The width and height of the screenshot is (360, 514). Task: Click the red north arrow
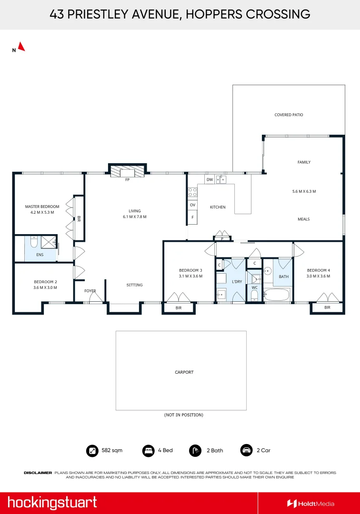pos(21,47)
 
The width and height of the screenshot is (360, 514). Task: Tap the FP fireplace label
pos(128,179)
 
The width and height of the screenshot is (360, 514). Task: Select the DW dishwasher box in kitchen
pos(210,179)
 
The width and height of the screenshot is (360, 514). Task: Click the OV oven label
pos(192,205)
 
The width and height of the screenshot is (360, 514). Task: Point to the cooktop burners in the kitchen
pos(192,192)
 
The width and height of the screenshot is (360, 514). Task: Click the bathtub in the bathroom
pos(276,295)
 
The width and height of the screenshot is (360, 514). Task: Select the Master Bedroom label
pos(42,207)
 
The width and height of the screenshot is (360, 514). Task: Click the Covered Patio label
pos(289,115)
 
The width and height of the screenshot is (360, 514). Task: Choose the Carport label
pos(184,372)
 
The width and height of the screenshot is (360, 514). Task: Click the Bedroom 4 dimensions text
pos(319,276)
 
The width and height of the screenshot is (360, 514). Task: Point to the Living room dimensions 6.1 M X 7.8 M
pos(135,217)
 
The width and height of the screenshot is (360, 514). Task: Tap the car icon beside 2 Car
pos(246,450)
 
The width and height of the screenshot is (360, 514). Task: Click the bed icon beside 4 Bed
pos(148,450)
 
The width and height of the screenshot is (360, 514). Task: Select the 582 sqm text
pos(112,450)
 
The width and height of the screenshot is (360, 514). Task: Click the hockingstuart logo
pos(52,503)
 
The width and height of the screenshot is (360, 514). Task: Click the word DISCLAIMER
pos(38,473)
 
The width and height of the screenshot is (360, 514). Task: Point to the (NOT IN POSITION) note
pos(184,415)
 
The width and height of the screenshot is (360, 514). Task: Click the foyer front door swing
pos(96,297)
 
